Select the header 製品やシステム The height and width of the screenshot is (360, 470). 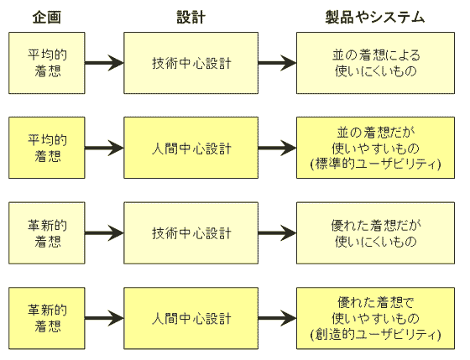click(374, 17)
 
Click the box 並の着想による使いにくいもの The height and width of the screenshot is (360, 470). click(374, 64)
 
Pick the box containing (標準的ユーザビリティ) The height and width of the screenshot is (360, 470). click(374, 149)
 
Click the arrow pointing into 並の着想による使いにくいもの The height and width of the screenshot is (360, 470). click(276, 64)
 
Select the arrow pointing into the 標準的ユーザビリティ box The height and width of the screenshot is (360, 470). click(276, 149)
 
